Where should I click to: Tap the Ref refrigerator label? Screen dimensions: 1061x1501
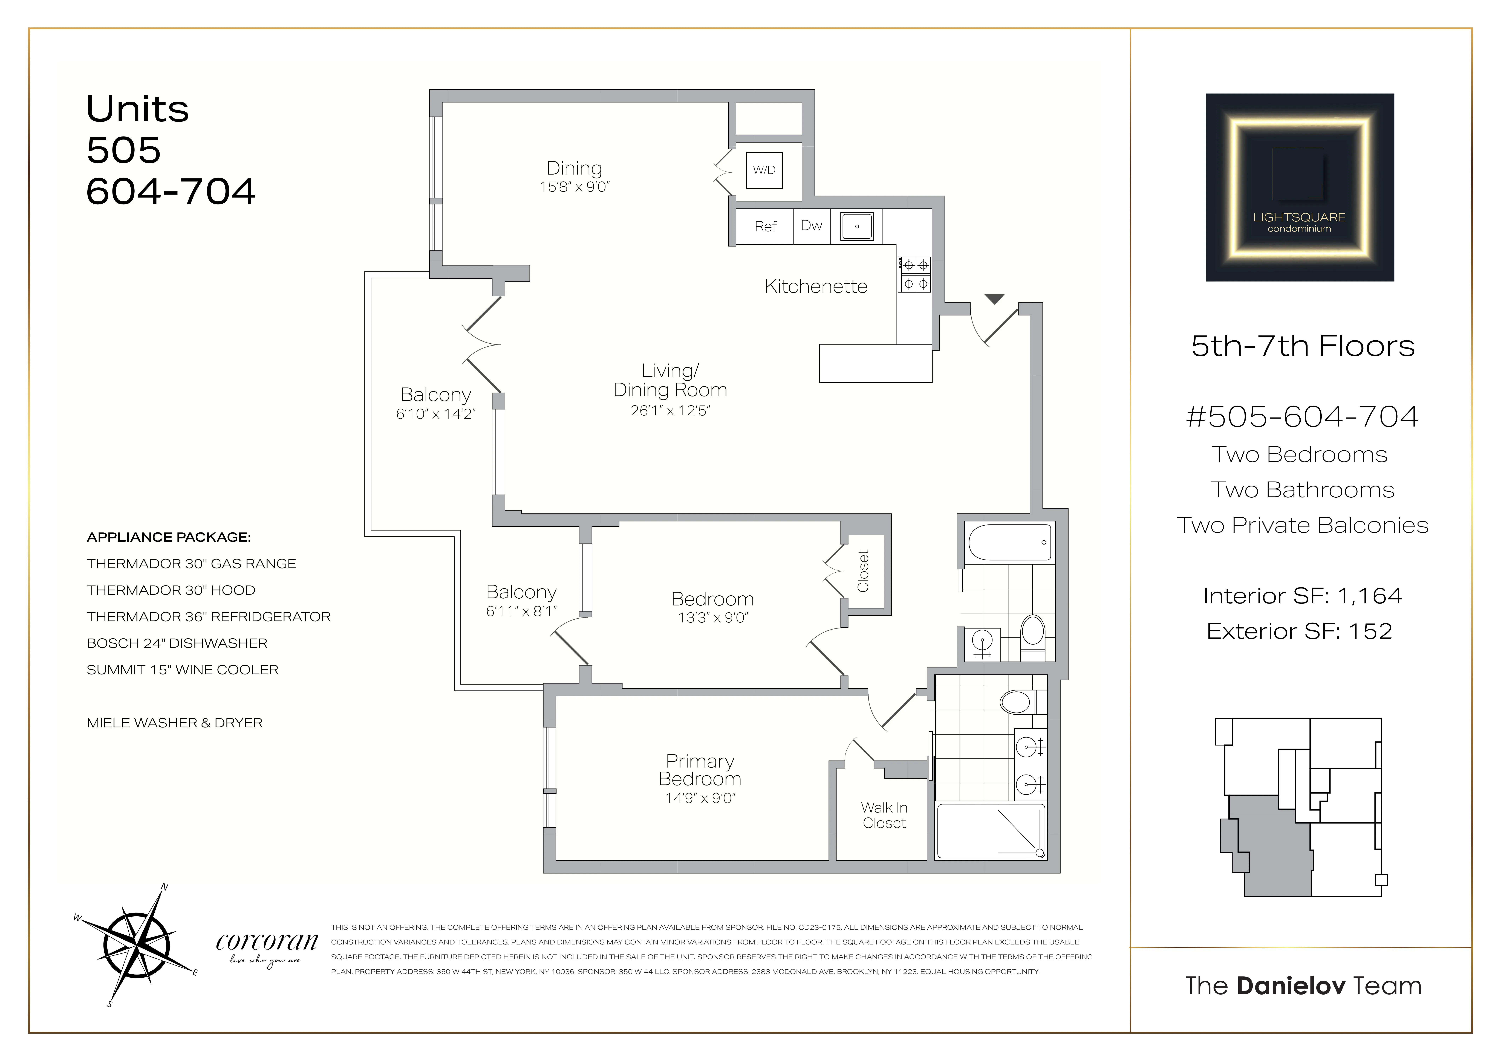pyautogui.click(x=765, y=226)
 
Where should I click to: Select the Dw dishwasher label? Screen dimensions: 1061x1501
pyautogui.click(x=811, y=225)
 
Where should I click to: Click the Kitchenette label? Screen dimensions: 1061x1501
pyautogui.click(x=816, y=286)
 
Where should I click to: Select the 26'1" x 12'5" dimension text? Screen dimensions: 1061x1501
pyautogui.click(x=670, y=411)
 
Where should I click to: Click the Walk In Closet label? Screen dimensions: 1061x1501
pyautogui.click(x=884, y=815)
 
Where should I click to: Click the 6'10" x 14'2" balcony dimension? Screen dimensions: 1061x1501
pyautogui.click(x=435, y=414)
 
